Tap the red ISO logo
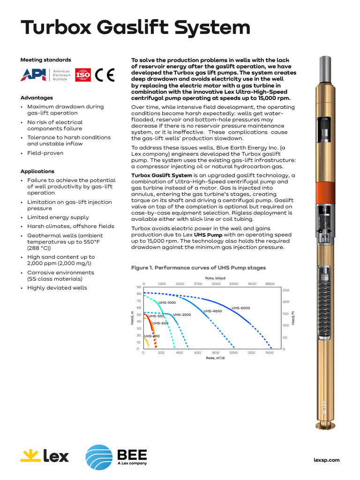click(83, 75)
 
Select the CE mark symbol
click(105, 75)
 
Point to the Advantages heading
click(37, 98)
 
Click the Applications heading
click(37, 172)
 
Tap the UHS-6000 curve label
click(241, 308)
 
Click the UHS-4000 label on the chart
click(213, 311)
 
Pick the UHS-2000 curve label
click(182, 315)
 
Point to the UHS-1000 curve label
click(167, 303)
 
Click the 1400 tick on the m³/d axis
click(269, 352)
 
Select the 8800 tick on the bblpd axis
click(270, 284)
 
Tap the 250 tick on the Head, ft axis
click(285, 291)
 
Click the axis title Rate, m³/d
click(216, 358)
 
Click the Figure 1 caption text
click(198, 268)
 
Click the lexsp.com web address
click(326, 460)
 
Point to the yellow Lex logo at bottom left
click(45, 456)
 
